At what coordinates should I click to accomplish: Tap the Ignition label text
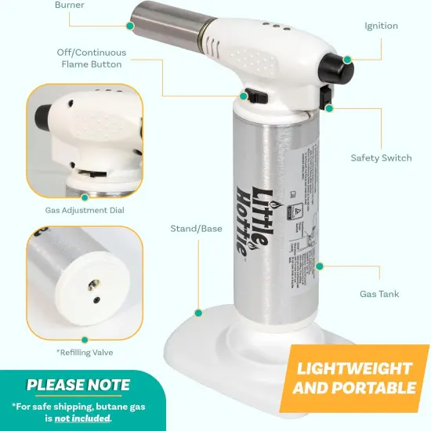coord(381,26)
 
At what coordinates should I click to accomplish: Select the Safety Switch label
coord(381,158)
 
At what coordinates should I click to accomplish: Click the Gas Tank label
coord(379,295)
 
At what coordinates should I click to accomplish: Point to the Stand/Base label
coord(197,229)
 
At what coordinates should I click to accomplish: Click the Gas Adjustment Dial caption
coord(85,211)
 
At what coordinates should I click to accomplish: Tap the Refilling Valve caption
coord(85,353)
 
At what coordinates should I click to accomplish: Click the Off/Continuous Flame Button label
coord(91,58)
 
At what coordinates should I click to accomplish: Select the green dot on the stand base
coord(198,312)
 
